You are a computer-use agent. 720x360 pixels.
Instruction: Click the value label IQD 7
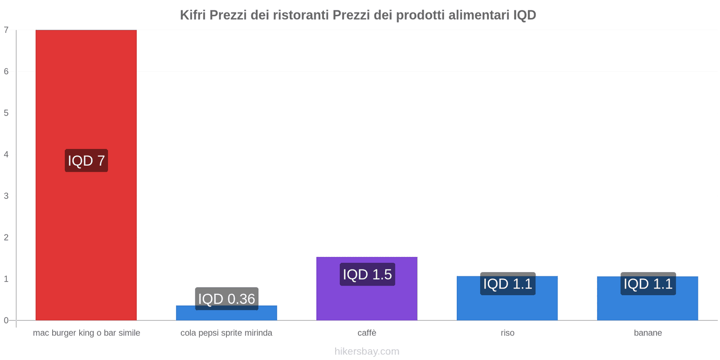pos(86,161)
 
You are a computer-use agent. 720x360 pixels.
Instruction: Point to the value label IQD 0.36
pos(226,298)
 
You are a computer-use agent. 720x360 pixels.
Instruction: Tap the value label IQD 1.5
pos(367,274)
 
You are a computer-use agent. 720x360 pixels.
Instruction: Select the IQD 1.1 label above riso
pos(507,283)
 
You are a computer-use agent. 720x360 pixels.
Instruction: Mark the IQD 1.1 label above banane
pos(648,283)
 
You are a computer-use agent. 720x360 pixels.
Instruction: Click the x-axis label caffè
pos(367,333)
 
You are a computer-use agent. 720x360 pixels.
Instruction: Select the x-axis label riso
pos(507,333)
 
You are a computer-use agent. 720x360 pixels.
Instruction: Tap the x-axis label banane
pos(648,333)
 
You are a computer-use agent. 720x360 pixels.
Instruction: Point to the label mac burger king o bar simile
pos(86,333)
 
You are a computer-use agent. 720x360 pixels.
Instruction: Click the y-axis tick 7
pos(6,30)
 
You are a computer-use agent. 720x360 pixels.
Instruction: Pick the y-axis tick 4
pos(6,154)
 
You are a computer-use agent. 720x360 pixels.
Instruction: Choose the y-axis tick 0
pos(6,320)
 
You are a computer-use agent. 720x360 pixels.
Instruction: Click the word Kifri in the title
pos(193,15)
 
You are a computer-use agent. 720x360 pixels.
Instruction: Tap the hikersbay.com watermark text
pos(367,351)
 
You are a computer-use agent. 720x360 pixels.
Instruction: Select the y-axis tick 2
pos(6,237)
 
